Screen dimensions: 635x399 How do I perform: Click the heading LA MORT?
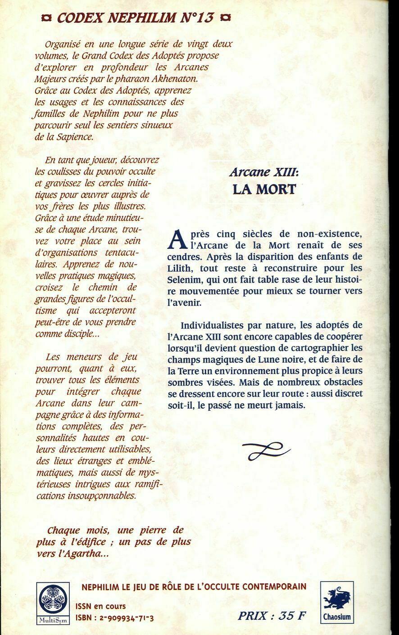point(264,189)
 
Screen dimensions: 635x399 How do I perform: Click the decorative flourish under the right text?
point(268,450)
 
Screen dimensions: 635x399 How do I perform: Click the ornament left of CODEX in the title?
point(45,18)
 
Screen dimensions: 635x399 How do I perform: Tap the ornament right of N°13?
point(227,18)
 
